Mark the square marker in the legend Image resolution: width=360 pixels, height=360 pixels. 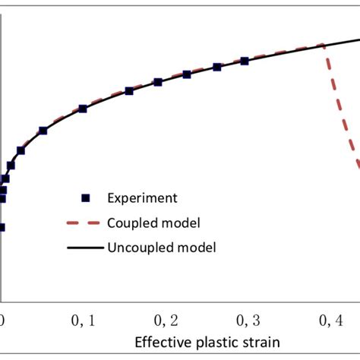[86, 198]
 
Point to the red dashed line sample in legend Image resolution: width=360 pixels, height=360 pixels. [86, 223]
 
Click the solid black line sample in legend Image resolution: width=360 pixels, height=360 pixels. [86, 247]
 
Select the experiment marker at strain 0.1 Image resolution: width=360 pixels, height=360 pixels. [83, 109]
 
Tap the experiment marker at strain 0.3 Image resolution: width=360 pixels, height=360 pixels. [244, 61]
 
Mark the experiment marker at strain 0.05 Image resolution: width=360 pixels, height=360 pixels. [43, 131]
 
